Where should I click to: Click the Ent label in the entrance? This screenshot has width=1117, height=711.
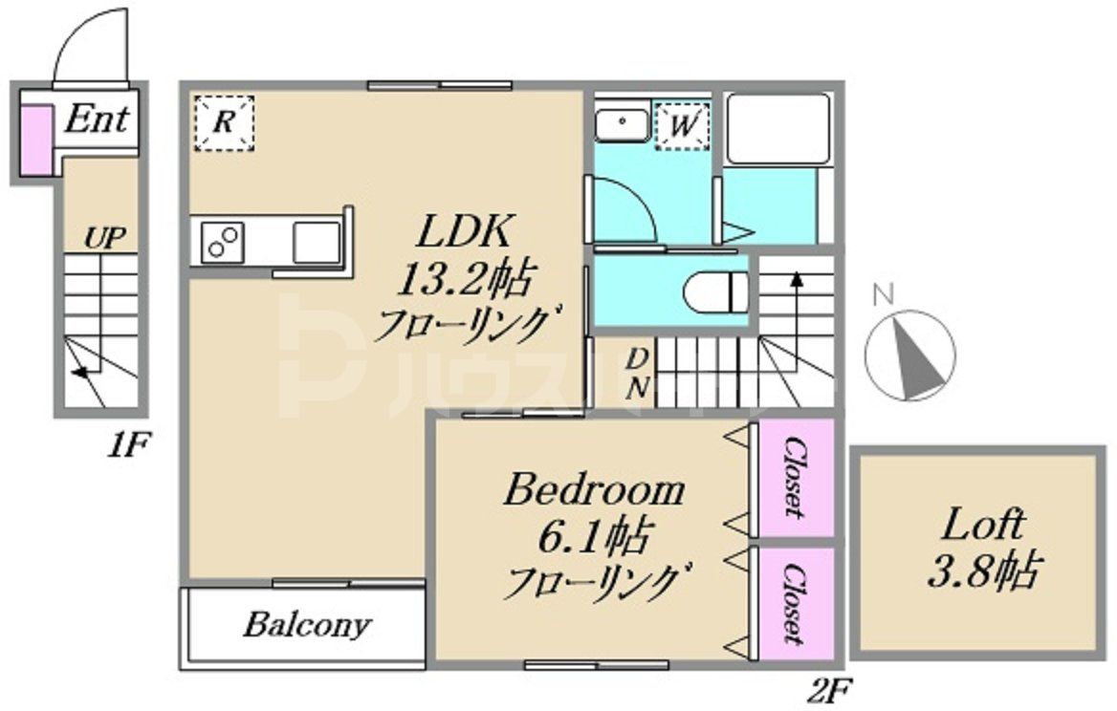tap(97, 120)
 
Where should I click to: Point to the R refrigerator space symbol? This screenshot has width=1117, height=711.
tap(224, 122)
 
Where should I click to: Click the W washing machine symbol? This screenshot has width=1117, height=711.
tap(683, 125)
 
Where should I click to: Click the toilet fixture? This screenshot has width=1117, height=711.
tap(715, 289)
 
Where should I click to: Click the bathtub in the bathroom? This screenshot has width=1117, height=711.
tap(776, 128)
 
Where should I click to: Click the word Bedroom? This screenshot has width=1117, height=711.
tap(595, 492)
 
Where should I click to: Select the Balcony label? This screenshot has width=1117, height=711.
tap(306, 626)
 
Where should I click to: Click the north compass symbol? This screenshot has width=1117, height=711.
tap(909, 353)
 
